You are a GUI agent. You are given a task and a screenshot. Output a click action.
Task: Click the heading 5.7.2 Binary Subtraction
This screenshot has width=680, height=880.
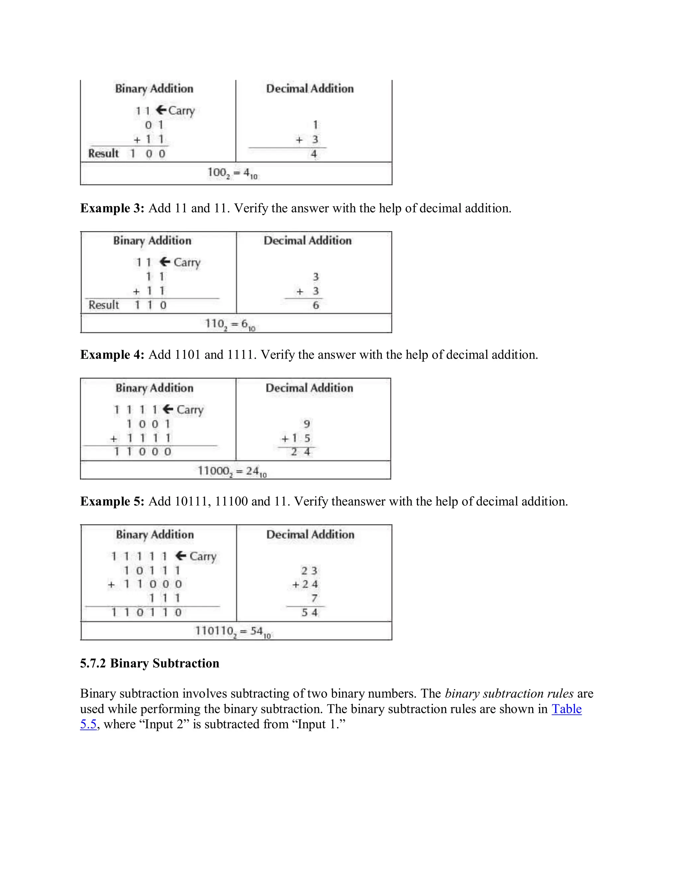pyautogui.click(x=149, y=663)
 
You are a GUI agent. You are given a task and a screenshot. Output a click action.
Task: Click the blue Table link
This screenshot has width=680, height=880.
pyautogui.click(x=566, y=709)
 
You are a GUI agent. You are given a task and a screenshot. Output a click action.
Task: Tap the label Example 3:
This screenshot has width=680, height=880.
pyautogui.click(x=112, y=208)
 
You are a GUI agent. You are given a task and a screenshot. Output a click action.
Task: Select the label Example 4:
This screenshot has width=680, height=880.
pyautogui.click(x=112, y=355)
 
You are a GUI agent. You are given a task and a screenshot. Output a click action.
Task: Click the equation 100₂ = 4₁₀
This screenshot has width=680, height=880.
pyautogui.click(x=232, y=173)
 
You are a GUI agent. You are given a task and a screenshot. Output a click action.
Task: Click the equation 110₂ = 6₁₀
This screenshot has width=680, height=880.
pyautogui.click(x=230, y=324)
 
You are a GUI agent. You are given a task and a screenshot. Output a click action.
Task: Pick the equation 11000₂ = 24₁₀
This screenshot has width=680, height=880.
pyautogui.click(x=232, y=471)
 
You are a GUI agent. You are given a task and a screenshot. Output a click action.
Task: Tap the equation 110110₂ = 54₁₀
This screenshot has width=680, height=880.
pyautogui.click(x=233, y=631)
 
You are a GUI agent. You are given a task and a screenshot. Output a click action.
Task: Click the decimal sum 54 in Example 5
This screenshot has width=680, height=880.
pyautogui.click(x=309, y=612)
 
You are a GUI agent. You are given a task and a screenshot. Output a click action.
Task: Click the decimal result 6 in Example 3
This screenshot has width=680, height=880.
pyautogui.click(x=316, y=306)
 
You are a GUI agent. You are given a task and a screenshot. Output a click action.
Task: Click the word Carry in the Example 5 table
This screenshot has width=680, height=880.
pyautogui.click(x=203, y=557)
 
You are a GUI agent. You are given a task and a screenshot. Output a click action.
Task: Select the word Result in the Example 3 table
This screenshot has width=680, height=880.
pyautogui.click(x=104, y=305)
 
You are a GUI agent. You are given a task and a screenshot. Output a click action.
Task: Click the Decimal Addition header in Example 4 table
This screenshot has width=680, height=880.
pyautogui.click(x=309, y=388)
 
